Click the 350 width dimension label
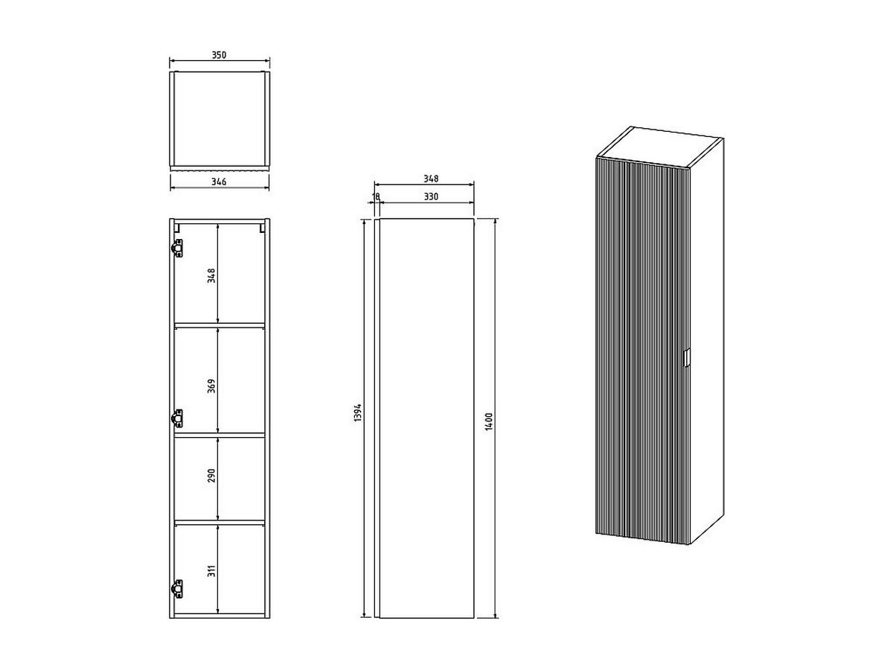[219, 55]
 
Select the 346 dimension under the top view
[219, 182]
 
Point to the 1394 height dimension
[357, 414]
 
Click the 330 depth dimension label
[430, 197]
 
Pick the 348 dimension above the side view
[430, 179]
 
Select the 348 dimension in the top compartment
[211, 276]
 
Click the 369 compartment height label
[211, 386]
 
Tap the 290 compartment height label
[211, 476]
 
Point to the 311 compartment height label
[211, 572]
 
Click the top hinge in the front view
[177, 248]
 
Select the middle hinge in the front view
[177, 418]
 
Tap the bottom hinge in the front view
[177, 588]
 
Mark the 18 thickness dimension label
[376, 197]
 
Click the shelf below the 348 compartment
[220, 325]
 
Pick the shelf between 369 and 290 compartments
[220, 434]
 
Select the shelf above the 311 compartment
[220, 522]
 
